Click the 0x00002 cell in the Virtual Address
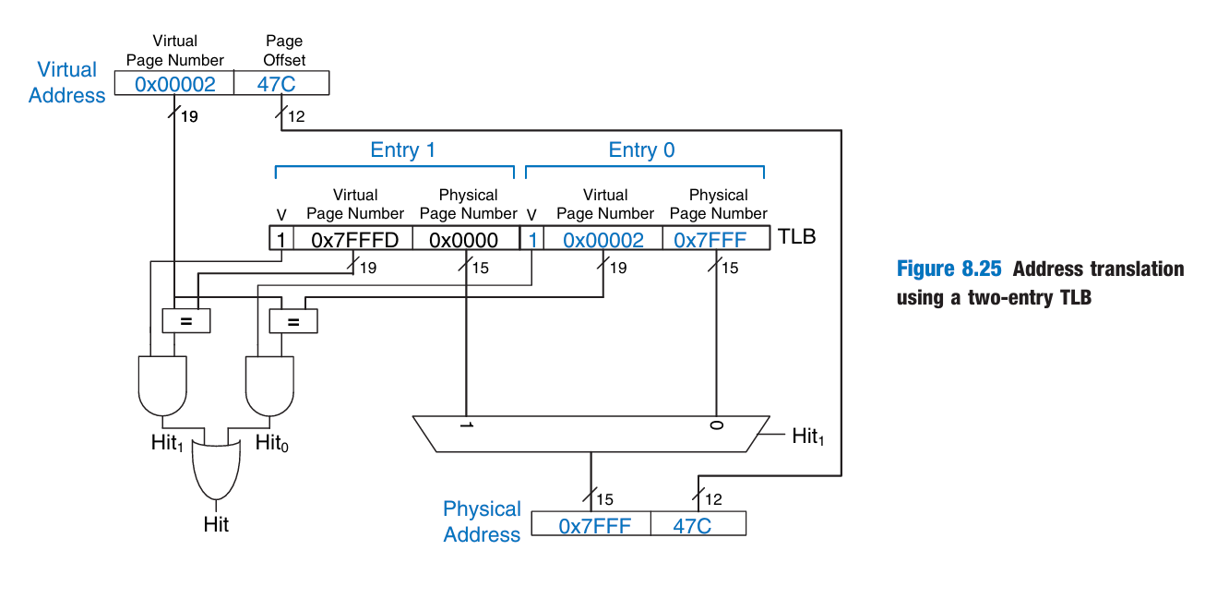point(174,84)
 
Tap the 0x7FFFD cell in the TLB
point(354,240)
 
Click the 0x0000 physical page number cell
point(464,240)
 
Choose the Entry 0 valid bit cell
point(532,240)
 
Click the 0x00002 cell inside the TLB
point(603,240)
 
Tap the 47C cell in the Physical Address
point(698,525)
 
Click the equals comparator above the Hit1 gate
point(185,320)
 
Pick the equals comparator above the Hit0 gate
point(292,321)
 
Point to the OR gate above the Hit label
point(216,467)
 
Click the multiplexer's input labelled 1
point(466,426)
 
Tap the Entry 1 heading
point(402,150)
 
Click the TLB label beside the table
point(797,237)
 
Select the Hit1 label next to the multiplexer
point(807,437)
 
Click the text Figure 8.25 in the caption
point(950,269)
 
